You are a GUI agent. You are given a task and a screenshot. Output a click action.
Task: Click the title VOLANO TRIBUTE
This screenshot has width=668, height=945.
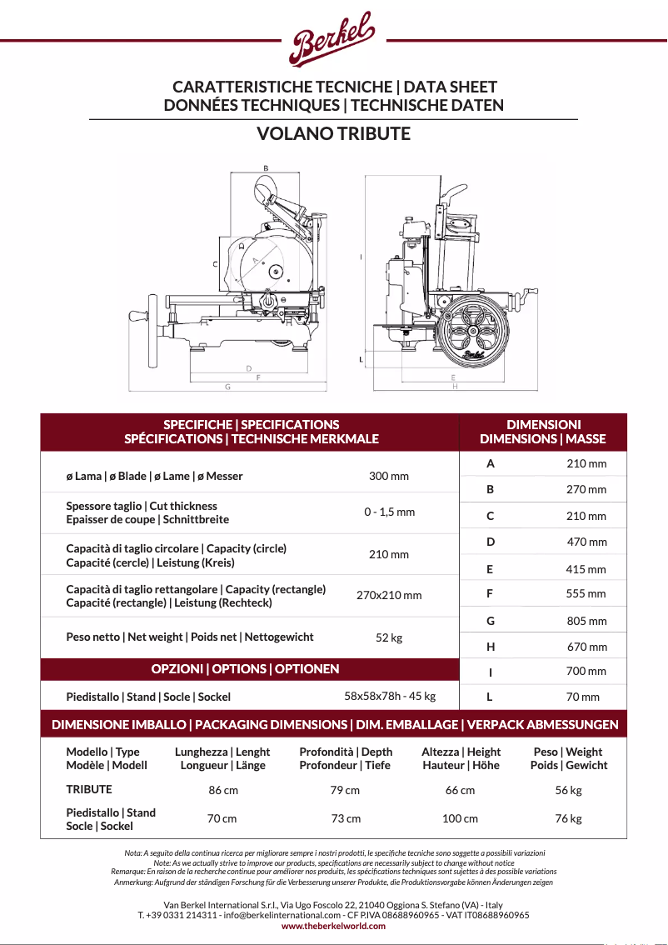pyautogui.click(x=333, y=133)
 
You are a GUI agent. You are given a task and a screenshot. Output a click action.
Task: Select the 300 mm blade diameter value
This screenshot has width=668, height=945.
pyautogui.click(x=389, y=477)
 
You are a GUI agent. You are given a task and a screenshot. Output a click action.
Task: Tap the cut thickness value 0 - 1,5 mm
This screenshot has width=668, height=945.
pyautogui.click(x=389, y=512)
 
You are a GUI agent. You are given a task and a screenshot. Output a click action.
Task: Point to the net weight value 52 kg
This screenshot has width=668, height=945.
pyautogui.click(x=389, y=637)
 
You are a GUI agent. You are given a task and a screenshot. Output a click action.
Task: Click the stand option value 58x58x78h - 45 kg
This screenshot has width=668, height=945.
pyautogui.click(x=390, y=696)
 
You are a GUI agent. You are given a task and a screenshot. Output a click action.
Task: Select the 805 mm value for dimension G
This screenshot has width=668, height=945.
pyautogui.click(x=586, y=621)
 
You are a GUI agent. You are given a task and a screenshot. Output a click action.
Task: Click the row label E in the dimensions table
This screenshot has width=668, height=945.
pyautogui.click(x=490, y=569)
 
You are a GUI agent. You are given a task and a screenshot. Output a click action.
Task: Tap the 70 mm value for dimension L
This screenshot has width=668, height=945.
pyautogui.click(x=582, y=697)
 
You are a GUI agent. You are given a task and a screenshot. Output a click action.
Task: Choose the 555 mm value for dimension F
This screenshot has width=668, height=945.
pyautogui.click(x=586, y=594)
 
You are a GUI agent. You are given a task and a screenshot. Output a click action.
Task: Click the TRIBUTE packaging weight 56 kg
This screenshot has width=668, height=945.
pyautogui.click(x=568, y=790)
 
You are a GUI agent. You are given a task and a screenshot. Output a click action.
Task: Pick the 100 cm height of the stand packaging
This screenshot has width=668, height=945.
pyautogui.click(x=460, y=818)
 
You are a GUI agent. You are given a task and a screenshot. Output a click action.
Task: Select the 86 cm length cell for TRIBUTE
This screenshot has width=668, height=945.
pyautogui.click(x=223, y=790)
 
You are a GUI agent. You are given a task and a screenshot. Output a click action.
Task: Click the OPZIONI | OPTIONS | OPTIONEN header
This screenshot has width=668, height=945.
pyautogui.click(x=245, y=668)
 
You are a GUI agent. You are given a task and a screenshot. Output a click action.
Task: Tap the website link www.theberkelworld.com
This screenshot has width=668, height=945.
pyautogui.click(x=333, y=926)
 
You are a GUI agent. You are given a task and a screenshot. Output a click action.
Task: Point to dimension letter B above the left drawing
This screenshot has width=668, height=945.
pyautogui.click(x=266, y=168)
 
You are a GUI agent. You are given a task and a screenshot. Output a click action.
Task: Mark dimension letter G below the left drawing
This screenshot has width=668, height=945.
pyautogui.click(x=227, y=387)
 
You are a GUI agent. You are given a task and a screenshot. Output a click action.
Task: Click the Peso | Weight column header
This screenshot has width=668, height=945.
pyautogui.click(x=568, y=758)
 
